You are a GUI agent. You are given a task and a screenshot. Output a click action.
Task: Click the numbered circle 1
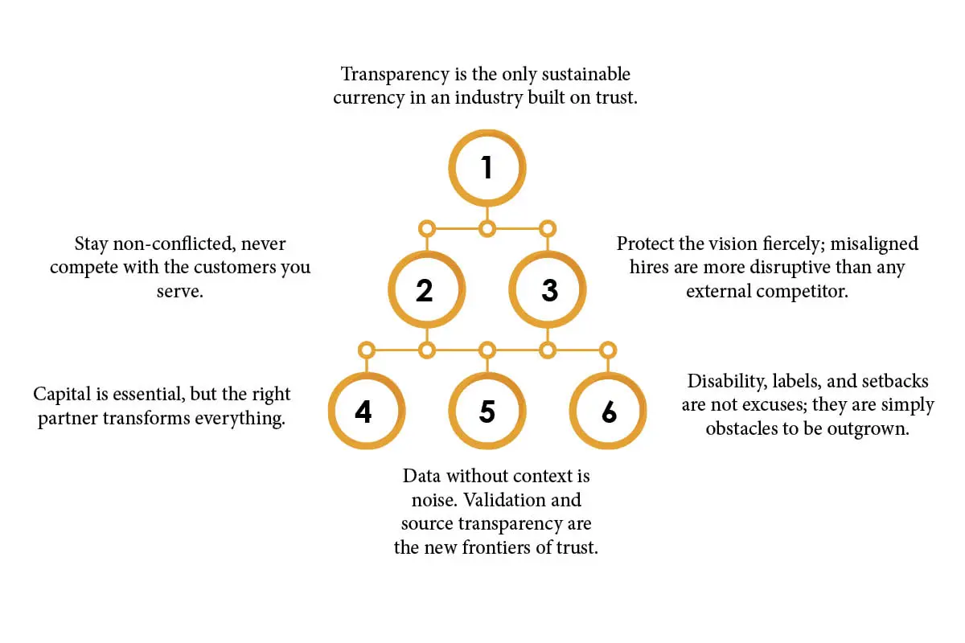487,168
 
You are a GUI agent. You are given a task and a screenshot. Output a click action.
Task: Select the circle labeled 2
425,290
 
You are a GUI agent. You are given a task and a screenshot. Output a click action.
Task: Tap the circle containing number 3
549,290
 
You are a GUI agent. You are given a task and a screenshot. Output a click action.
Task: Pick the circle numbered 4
363,412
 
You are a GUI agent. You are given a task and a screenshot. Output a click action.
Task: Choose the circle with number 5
487,412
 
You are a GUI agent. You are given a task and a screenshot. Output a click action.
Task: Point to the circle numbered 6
609,412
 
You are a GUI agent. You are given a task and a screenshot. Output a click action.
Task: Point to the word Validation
502,500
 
